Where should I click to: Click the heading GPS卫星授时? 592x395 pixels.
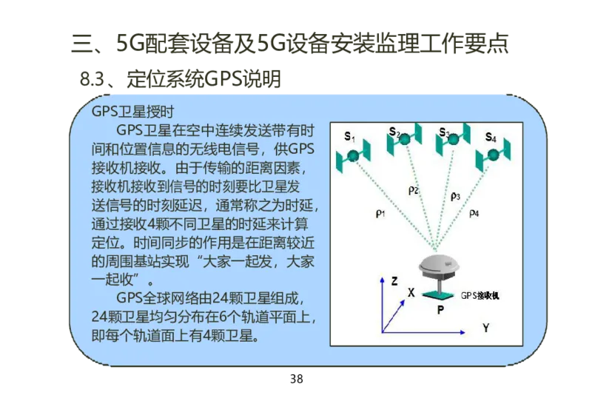coord(132,112)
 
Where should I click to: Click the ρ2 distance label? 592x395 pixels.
coord(414,190)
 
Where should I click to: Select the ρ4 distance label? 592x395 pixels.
coord(474,214)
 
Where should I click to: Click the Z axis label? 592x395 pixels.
coord(394,281)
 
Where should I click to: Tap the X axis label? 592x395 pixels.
coord(411,293)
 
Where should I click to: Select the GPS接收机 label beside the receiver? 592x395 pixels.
coord(481,295)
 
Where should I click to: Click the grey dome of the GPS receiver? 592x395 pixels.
coord(438,264)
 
